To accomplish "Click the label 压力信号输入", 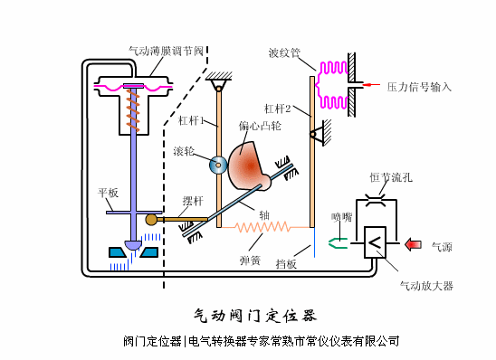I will (419, 88).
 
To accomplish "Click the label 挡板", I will (286, 264).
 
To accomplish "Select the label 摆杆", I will (192, 199).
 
